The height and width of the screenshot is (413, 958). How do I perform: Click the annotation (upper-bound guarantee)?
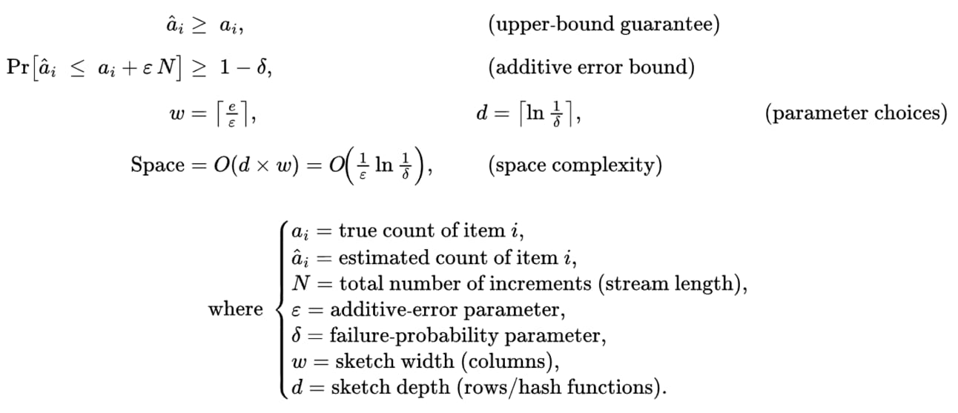[604, 25]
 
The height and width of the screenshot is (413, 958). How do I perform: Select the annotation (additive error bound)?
[591, 68]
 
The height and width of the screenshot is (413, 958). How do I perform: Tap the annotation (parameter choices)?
[856, 113]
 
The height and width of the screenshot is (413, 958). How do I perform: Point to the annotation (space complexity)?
[575, 165]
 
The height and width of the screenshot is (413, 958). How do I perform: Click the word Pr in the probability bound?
[18, 68]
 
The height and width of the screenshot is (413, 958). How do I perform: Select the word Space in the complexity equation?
[157, 165]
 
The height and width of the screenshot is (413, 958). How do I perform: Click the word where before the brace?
[235, 308]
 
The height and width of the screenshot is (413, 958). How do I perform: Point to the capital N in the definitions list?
[301, 283]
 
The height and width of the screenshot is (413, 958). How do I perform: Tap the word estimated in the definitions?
[374, 257]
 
